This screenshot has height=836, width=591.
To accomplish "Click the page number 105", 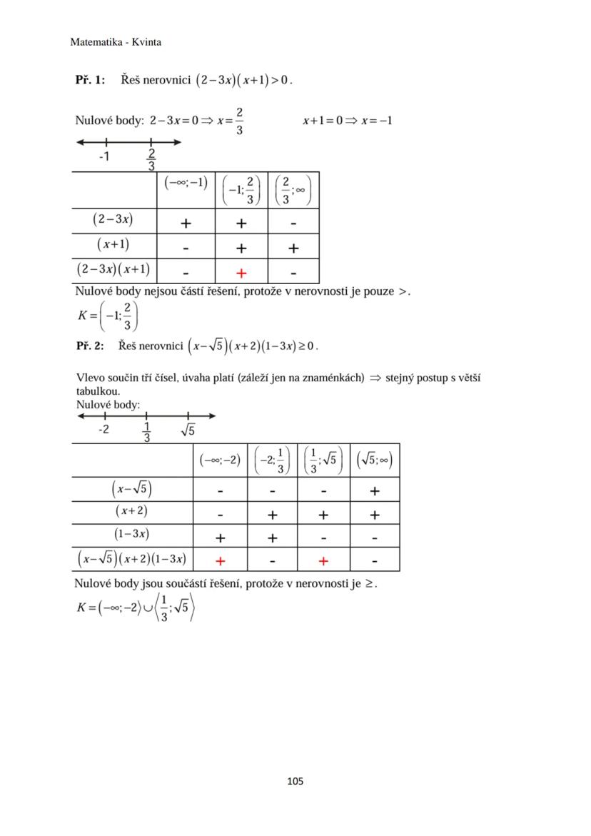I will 295,781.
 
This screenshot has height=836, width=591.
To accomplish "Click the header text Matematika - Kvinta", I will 116,42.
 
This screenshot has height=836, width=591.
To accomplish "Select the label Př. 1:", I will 90,80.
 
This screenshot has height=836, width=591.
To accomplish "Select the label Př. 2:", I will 90,346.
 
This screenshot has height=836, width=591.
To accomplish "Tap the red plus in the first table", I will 241,273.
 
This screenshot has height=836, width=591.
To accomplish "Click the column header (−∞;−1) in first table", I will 186,183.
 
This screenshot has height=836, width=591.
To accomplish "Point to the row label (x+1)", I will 113,245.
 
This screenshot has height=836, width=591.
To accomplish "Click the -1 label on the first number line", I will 104,156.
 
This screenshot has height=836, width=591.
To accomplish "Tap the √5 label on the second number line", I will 188,430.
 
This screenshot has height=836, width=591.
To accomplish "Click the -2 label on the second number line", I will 104,430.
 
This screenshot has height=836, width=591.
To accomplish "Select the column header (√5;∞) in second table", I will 374,460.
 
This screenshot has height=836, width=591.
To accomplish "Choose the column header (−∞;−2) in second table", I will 220,460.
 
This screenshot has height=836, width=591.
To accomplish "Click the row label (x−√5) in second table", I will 132,489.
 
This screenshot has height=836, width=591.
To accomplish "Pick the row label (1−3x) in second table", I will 132,534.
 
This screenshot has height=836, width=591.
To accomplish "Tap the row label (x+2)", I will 132,511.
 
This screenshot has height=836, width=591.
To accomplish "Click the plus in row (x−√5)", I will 375,490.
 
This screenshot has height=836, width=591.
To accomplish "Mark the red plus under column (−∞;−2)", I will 220,561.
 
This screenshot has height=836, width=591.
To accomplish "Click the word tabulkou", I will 98,391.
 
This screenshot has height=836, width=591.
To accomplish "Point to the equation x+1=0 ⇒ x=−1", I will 348,120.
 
